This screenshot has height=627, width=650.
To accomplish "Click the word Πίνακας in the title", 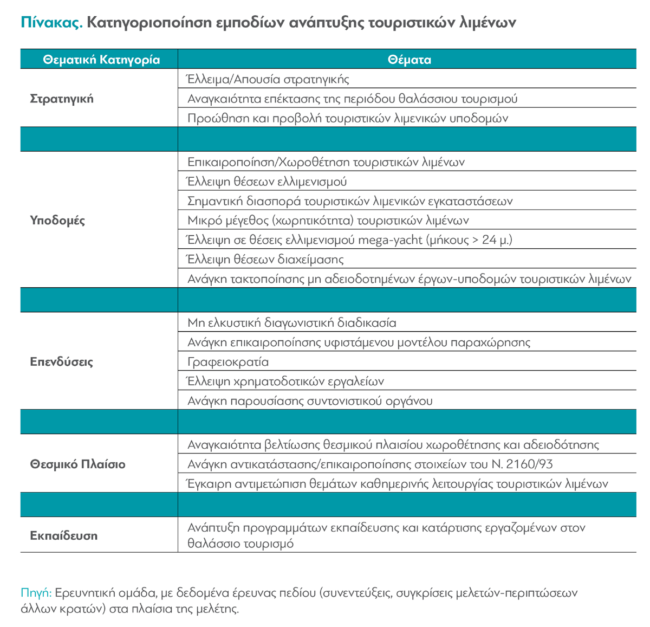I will (51, 22).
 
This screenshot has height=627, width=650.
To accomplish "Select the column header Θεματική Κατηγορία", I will (101, 60).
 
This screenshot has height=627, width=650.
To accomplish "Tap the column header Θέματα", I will (409, 60).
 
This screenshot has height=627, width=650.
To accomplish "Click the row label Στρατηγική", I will (62, 99).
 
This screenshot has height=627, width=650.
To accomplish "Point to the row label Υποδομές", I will (57, 221).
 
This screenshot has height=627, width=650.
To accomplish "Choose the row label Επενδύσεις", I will (62, 361).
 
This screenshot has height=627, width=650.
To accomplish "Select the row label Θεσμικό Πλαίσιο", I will (77, 464).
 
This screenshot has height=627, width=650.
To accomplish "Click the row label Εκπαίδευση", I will (64, 535).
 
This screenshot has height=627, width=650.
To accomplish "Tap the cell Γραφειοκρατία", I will (228, 362).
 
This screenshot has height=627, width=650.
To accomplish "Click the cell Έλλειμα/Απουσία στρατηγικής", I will (268, 79).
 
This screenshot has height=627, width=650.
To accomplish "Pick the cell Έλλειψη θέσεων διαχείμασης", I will (265, 260).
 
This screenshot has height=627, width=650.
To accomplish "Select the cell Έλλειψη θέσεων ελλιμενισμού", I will (267, 182).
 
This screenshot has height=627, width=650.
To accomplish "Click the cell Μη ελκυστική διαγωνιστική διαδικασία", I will (291, 323).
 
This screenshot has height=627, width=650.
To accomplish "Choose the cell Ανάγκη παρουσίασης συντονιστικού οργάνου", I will (310, 401).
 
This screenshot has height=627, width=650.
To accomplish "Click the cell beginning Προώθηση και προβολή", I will (348, 118).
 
